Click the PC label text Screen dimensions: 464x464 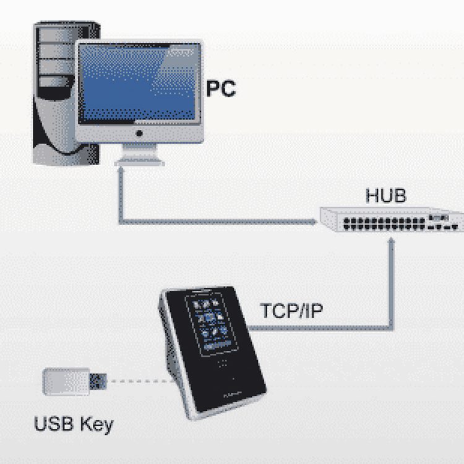coord(221,88)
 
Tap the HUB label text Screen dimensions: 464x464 coord(385,196)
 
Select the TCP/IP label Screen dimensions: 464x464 coord(291,311)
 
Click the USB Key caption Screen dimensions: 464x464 coord(74,425)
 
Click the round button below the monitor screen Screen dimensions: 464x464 coord(139,133)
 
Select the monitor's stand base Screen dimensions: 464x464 coord(139,160)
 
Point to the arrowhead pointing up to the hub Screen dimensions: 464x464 coord(391,239)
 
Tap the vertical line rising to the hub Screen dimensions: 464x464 coord(391,285)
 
